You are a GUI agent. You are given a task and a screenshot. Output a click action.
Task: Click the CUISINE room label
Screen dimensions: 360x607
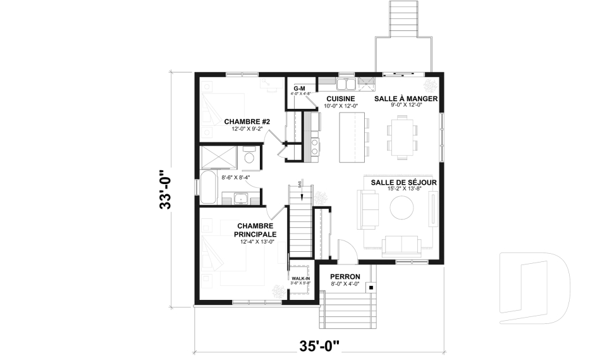(340, 99)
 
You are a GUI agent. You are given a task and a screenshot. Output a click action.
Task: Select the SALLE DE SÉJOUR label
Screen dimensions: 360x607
(404, 182)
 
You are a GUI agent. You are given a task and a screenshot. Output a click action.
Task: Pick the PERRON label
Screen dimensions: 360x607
(345, 277)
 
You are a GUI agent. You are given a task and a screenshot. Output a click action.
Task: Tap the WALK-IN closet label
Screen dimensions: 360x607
(300, 278)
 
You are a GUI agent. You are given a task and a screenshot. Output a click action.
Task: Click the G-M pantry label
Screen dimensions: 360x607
(299, 88)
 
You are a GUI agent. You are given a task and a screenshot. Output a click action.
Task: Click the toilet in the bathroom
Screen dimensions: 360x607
(250, 157)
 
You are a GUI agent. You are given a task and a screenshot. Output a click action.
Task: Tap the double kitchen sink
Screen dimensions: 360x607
(346, 83)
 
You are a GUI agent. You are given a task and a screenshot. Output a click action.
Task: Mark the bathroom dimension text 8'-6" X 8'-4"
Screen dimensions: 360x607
(235, 178)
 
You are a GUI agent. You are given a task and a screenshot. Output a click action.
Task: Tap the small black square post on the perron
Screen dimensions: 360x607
(371, 287)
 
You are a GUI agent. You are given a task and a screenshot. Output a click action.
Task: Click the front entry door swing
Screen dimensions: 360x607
(347, 251)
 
